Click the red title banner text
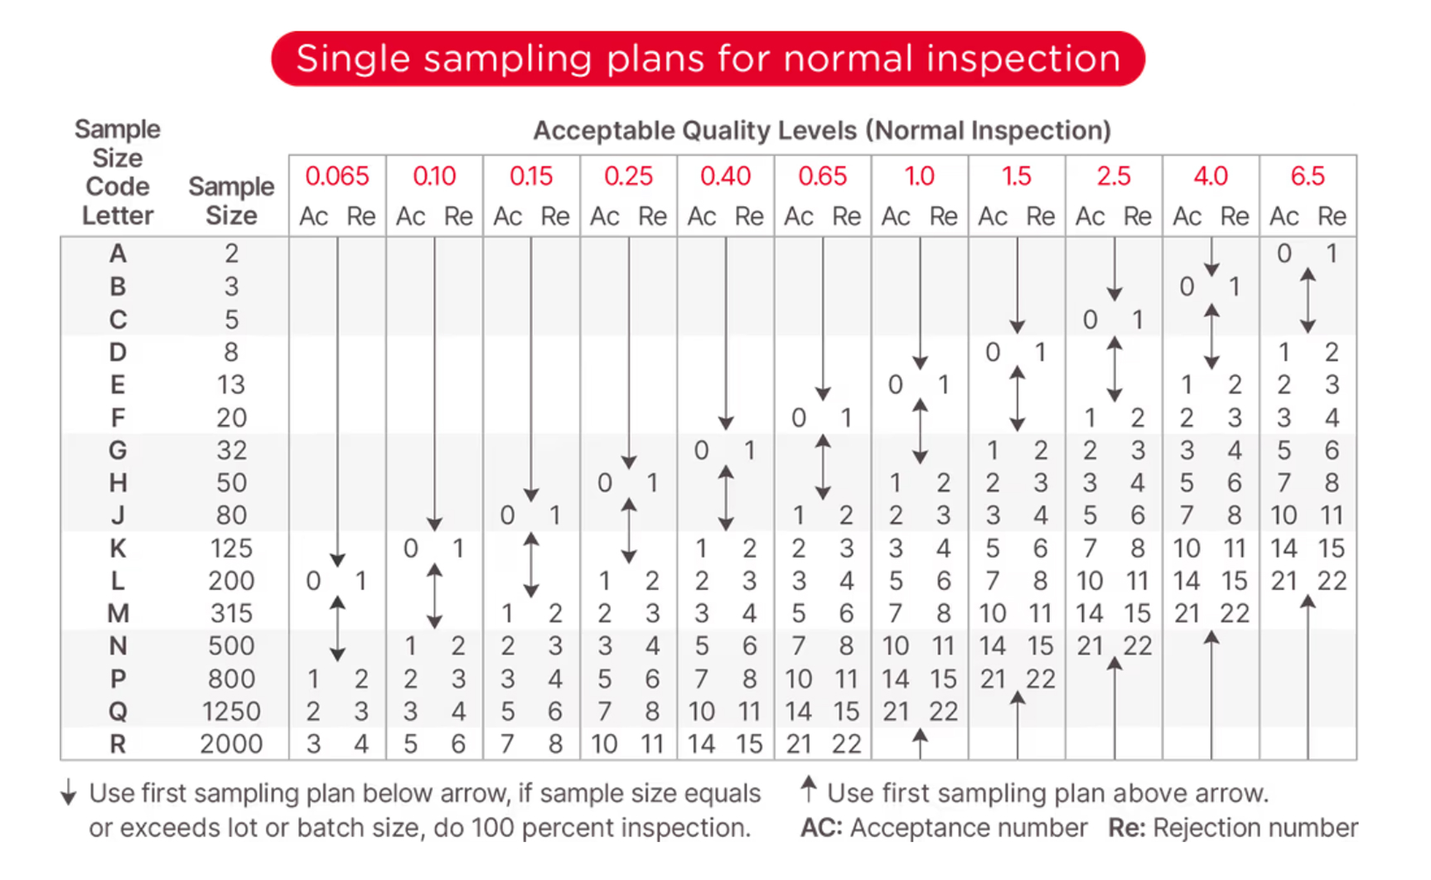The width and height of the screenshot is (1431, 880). [708, 59]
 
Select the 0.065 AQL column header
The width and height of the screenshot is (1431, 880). [336, 176]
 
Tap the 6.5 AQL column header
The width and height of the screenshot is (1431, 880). [1308, 176]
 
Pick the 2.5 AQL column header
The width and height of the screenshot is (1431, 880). [1114, 176]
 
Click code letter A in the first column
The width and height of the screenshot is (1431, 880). [118, 254]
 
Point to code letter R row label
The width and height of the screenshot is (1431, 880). [118, 744]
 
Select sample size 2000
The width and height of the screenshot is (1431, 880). [231, 744]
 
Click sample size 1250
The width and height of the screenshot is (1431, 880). [231, 712]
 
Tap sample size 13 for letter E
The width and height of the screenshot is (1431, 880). [231, 384]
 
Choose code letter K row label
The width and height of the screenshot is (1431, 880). [118, 549]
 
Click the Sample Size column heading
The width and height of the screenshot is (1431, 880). [231, 201]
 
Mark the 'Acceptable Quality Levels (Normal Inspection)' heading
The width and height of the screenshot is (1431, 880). [821, 131]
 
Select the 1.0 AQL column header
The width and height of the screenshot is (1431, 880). [919, 176]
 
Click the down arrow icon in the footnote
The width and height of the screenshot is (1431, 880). [69, 793]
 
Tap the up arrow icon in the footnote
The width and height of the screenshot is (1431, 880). [809, 789]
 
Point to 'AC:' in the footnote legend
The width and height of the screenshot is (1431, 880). [820, 828]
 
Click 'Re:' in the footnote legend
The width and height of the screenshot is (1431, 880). [1126, 828]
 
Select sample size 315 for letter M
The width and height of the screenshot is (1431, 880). [231, 614]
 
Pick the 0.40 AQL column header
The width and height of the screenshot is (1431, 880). [725, 176]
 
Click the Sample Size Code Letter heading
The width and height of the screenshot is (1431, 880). [118, 172]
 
